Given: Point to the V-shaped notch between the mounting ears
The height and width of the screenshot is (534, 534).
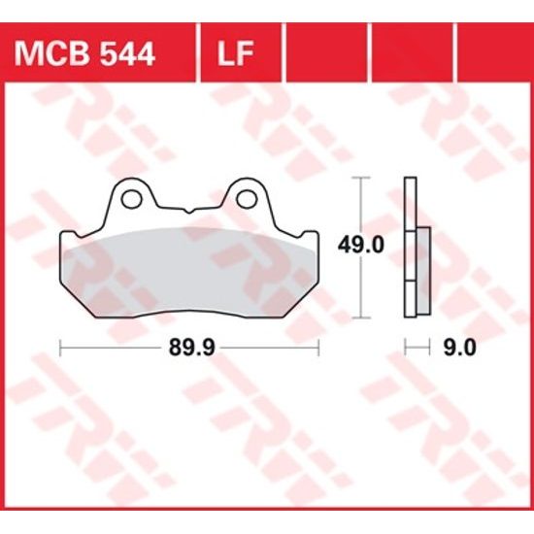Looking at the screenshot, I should [188, 209].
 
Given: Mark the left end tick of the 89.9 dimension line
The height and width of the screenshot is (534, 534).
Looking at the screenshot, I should [61, 347].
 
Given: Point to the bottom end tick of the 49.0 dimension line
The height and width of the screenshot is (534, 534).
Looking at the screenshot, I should [363, 318].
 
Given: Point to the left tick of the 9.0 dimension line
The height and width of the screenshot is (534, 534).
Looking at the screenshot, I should [406, 347].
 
